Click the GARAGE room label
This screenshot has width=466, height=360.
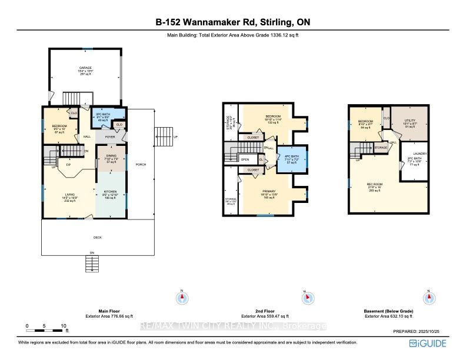(x=86, y=68)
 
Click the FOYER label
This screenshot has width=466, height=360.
(x=110, y=136)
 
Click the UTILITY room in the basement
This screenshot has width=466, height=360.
(x=410, y=120)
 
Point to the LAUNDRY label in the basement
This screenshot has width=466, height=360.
(x=420, y=154)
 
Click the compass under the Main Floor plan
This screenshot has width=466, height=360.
(x=182, y=298)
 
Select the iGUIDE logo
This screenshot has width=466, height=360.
(x=430, y=343)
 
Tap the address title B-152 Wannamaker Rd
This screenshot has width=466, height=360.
(x=233, y=22)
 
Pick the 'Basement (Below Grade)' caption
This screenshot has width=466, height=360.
(x=388, y=311)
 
